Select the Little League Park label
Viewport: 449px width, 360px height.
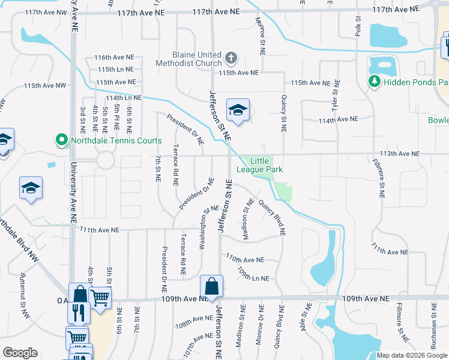(259, 165)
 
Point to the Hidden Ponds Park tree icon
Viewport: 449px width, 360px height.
(375, 80)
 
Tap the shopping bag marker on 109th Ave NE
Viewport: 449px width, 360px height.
(211, 287)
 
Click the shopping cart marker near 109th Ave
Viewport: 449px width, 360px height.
(100, 297)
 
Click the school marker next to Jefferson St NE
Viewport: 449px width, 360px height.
(238, 110)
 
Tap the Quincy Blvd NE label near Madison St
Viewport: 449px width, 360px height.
(271, 216)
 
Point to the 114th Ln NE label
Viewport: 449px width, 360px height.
(124, 97)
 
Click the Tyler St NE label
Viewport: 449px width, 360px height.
(336, 97)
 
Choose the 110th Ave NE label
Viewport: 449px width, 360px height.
(245, 259)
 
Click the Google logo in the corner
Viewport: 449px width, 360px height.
(20, 353)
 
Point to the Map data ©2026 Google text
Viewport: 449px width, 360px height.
(411, 355)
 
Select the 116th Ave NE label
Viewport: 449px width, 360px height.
(114, 57)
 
